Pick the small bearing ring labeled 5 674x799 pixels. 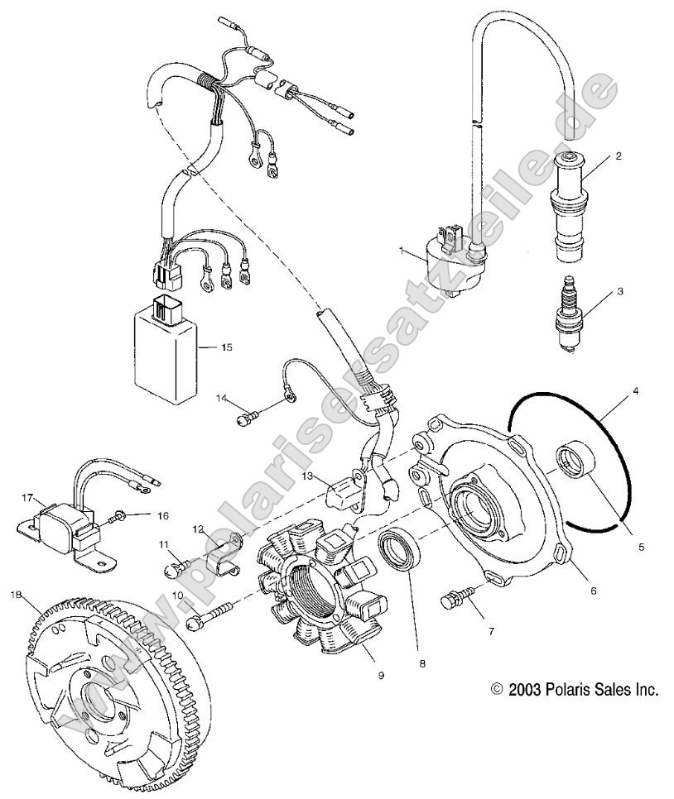click(572, 459)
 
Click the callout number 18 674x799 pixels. click(16, 594)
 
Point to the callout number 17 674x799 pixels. click(26, 498)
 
